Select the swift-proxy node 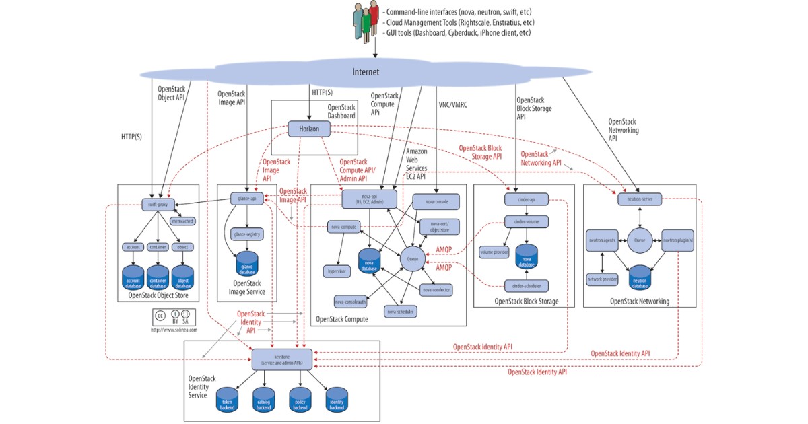pos(158,204)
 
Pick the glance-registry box pos(246,234)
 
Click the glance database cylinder pos(246,264)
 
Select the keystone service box pos(281,359)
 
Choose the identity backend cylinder pos(337,400)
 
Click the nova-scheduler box pos(401,311)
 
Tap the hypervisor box pos(336,271)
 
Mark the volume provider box pos(494,253)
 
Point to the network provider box pos(602,277)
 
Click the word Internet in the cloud pos(366,72)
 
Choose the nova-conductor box pos(436,290)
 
